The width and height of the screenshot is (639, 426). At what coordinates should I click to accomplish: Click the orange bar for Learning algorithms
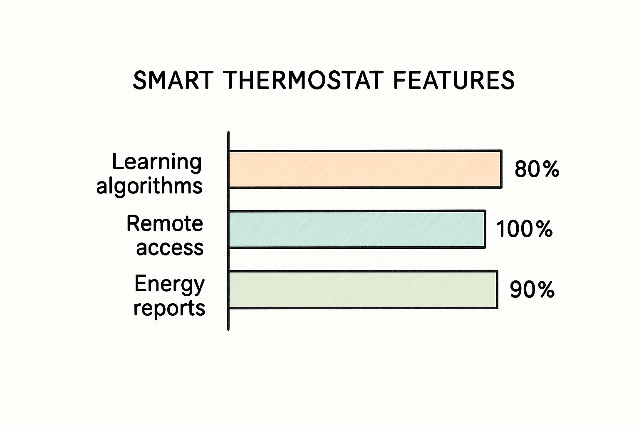[365, 169]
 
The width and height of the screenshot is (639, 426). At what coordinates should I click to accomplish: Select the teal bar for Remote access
[357, 229]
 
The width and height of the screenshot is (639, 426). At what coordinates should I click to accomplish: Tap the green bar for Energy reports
[363, 290]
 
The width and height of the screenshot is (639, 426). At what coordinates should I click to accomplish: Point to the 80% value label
[537, 169]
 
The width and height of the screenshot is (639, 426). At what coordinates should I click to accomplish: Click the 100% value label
[524, 229]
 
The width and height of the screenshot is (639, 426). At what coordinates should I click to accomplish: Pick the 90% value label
[532, 290]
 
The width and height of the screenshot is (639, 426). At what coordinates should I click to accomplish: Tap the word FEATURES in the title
[454, 80]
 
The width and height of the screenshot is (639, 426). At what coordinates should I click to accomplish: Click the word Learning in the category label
[157, 161]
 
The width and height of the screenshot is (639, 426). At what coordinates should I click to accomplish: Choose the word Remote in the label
[165, 224]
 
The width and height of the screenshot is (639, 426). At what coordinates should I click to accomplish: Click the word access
[170, 248]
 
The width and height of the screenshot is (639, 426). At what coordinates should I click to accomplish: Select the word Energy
[170, 285]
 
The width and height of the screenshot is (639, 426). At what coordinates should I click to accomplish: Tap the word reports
[169, 308]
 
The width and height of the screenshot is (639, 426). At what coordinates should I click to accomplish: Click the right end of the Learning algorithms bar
[501, 169]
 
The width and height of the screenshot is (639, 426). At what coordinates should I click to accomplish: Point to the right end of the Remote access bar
[485, 229]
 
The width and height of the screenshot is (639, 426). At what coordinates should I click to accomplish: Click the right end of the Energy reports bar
[497, 290]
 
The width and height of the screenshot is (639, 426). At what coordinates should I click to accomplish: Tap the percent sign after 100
[544, 229]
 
